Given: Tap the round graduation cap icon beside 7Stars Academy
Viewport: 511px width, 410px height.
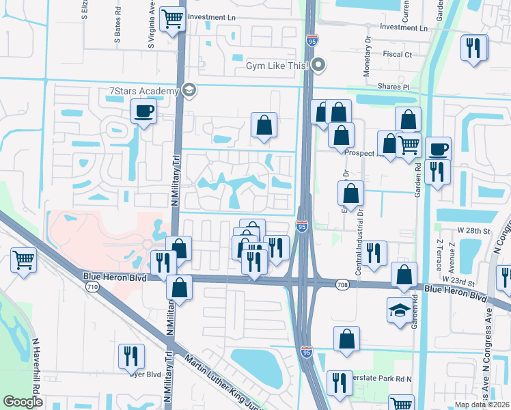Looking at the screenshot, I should click(189, 90).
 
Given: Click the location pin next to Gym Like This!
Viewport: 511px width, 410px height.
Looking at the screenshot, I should click(318, 66).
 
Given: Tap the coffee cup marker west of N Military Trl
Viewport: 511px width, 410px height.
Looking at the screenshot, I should click(143, 111).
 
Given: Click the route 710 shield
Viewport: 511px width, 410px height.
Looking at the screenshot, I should click(92, 287).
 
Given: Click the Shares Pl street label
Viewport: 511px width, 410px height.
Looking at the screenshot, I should click(394, 87).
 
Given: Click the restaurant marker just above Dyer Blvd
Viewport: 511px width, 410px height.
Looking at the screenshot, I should click(130, 357).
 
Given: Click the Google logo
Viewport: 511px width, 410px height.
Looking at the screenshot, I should click(23, 402).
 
